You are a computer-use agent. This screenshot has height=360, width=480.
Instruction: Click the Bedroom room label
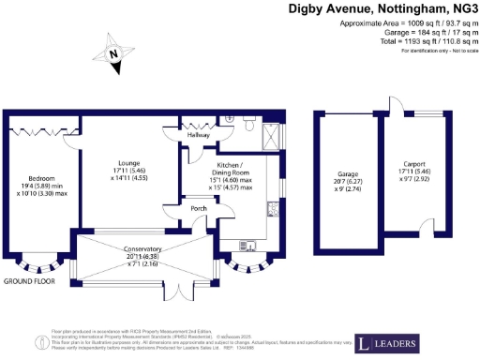41,178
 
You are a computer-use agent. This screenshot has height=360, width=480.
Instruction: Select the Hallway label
198,135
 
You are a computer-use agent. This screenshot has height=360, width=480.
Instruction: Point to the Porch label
198,208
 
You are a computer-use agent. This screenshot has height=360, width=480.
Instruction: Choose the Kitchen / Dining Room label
230,175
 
